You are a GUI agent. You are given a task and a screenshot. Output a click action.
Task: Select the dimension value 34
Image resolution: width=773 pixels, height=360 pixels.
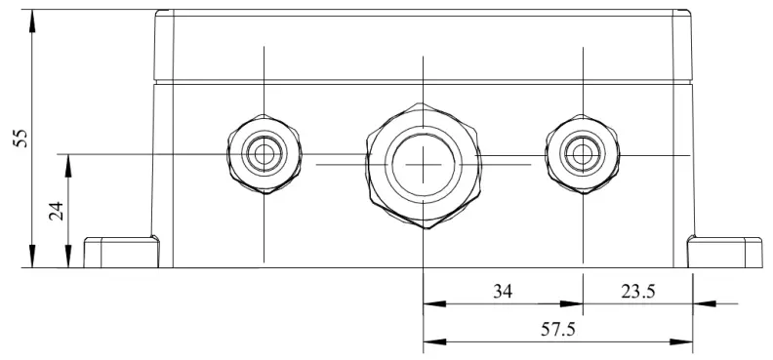point(501,291)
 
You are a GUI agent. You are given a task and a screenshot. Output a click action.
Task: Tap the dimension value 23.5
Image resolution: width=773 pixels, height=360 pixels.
point(636,291)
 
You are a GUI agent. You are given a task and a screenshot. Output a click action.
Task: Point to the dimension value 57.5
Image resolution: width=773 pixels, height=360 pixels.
point(557,330)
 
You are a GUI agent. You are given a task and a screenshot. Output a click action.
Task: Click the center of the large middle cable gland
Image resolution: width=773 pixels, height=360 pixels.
point(423,164)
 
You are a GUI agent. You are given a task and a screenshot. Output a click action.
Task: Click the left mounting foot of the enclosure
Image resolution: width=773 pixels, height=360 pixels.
point(121,252)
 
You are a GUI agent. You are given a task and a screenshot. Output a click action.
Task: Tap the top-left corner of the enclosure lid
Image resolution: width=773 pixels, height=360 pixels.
point(158,13)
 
